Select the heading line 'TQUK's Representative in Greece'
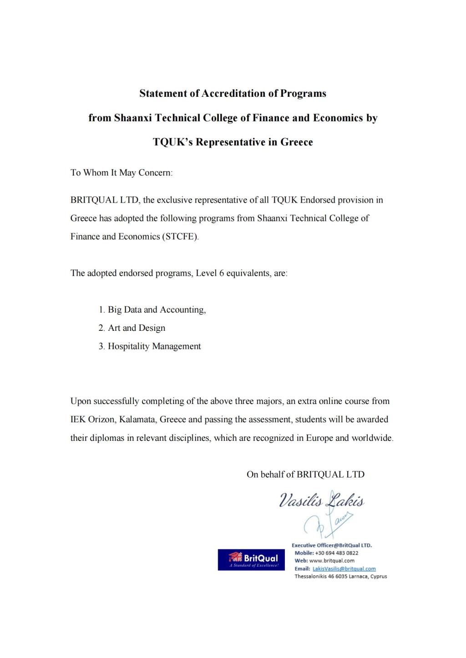click(x=233, y=142)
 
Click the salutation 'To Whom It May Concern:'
click(x=122, y=173)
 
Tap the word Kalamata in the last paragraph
click(x=139, y=419)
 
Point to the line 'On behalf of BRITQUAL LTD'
click(x=305, y=474)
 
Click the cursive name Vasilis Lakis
click(x=322, y=501)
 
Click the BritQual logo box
click(x=251, y=559)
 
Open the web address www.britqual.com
click(x=332, y=561)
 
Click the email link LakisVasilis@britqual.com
click(x=344, y=568)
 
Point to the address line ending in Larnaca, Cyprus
click(x=341, y=576)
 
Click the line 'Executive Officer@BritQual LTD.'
click(x=332, y=545)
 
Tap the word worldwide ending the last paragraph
click(x=372, y=438)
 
